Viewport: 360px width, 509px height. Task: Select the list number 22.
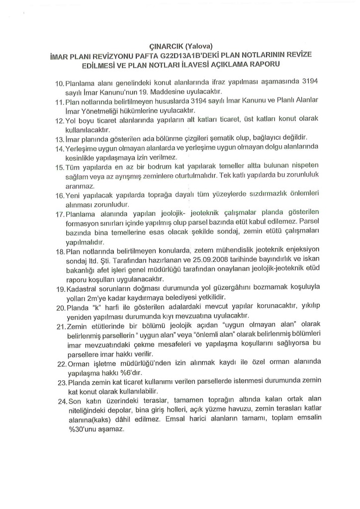click(x=60, y=364)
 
